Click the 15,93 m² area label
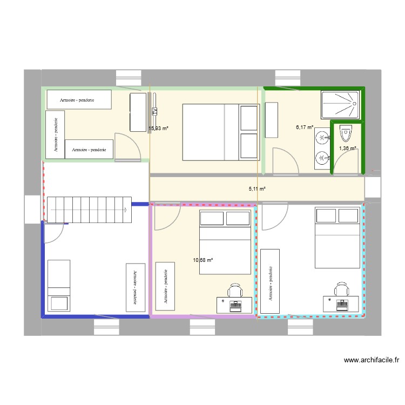pos(159,129)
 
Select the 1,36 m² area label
pos(347,148)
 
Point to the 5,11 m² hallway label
pos(257,189)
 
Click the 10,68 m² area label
pos(202,260)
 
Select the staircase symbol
pos(89,209)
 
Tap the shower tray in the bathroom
pos(340,105)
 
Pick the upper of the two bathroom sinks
pos(321,138)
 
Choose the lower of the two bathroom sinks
pos(321,158)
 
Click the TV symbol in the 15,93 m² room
pos(154,112)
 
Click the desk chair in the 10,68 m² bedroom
pos(235,291)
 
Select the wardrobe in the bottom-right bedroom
pos(270,281)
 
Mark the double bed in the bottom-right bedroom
pos(337,238)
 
